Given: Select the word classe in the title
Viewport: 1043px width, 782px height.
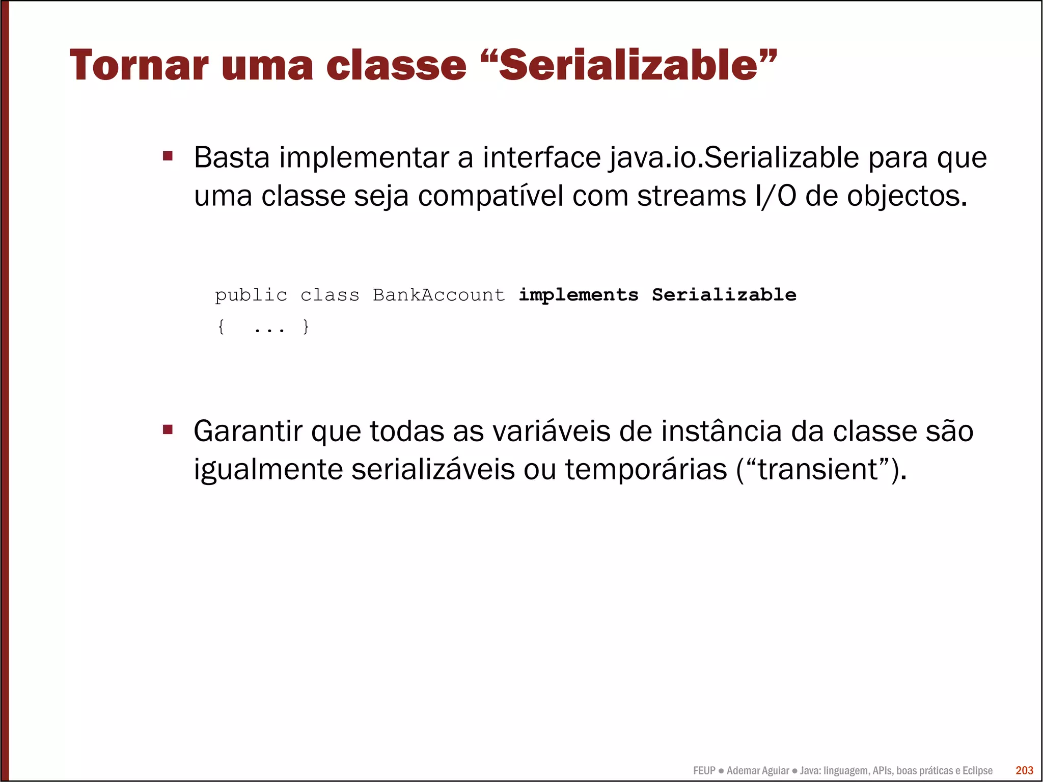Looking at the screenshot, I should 396,65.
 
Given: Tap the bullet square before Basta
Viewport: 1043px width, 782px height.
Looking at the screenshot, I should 168,155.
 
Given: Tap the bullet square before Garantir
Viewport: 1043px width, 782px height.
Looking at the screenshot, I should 168,429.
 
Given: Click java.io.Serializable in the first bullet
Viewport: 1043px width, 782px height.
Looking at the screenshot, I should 734,157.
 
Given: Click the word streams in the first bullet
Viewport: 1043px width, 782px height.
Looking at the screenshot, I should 691,196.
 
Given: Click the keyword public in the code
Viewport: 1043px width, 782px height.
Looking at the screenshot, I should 251,295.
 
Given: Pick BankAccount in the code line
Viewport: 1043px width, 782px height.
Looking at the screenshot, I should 438,295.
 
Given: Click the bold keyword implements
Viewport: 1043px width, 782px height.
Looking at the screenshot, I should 578,295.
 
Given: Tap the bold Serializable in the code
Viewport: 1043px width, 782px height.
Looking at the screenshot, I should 724,295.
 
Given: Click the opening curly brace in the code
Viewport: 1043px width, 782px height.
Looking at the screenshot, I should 221,326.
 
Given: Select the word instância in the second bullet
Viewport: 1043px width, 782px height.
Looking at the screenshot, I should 721,431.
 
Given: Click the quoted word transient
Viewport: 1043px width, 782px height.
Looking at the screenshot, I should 818,469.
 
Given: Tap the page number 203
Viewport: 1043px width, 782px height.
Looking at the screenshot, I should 1024,770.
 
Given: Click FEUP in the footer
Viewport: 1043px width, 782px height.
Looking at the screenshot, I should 704,770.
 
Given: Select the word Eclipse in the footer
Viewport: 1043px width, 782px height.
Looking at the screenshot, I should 977,770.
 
